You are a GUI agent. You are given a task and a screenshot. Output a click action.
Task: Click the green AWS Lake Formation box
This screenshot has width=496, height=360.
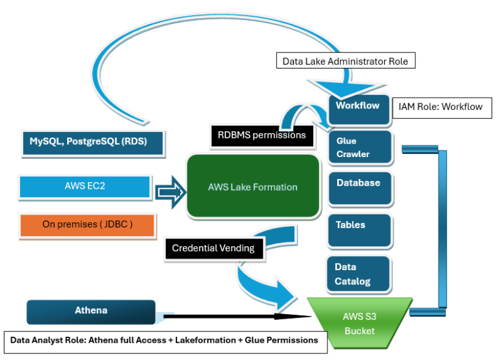(253, 186)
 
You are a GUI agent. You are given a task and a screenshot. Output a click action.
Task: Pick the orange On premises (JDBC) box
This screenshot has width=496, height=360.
(88, 224)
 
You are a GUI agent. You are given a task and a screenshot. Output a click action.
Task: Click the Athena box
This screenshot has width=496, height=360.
(91, 311)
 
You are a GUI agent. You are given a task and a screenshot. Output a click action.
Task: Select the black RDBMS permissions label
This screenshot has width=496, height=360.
(262, 136)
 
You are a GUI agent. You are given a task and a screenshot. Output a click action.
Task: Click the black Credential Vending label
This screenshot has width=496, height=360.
(213, 248)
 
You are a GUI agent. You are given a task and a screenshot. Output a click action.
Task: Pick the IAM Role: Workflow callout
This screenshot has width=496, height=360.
(438, 107)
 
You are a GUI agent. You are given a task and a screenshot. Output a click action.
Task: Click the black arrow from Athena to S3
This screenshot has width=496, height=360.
(232, 316)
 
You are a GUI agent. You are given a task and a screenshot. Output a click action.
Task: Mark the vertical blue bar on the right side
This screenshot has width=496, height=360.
(442, 229)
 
